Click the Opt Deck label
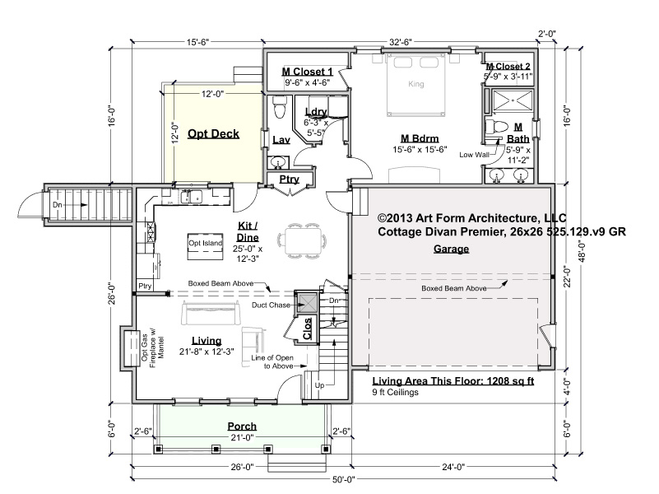click(x=214, y=133)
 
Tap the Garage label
click(x=451, y=249)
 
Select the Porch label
click(x=242, y=426)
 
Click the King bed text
click(x=416, y=84)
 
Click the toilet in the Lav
click(x=279, y=107)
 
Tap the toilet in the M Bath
click(x=495, y=127)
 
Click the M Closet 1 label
click(x=307, y=72)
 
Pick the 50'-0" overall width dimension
click(x=344, y=479)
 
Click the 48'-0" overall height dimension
click(x=582, y=251)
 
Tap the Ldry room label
click(x=316, y=112)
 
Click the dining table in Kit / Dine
click(x=303, y=240)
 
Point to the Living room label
click(x=207, y=341)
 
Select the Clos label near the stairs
click(x=307, y=329)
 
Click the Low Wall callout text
click(x=474, y=155)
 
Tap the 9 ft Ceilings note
click(x=395, y=392)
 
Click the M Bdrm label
click(x=420, y=138)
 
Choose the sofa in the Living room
click(x=211, y=314)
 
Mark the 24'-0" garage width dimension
click(x=453, y=467)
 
